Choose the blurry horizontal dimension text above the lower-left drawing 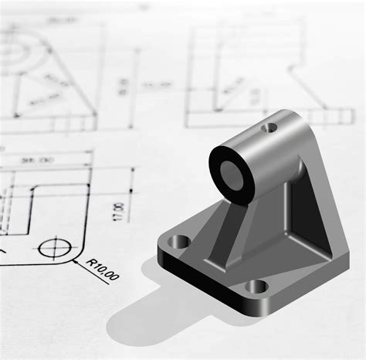tap(33, 161)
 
